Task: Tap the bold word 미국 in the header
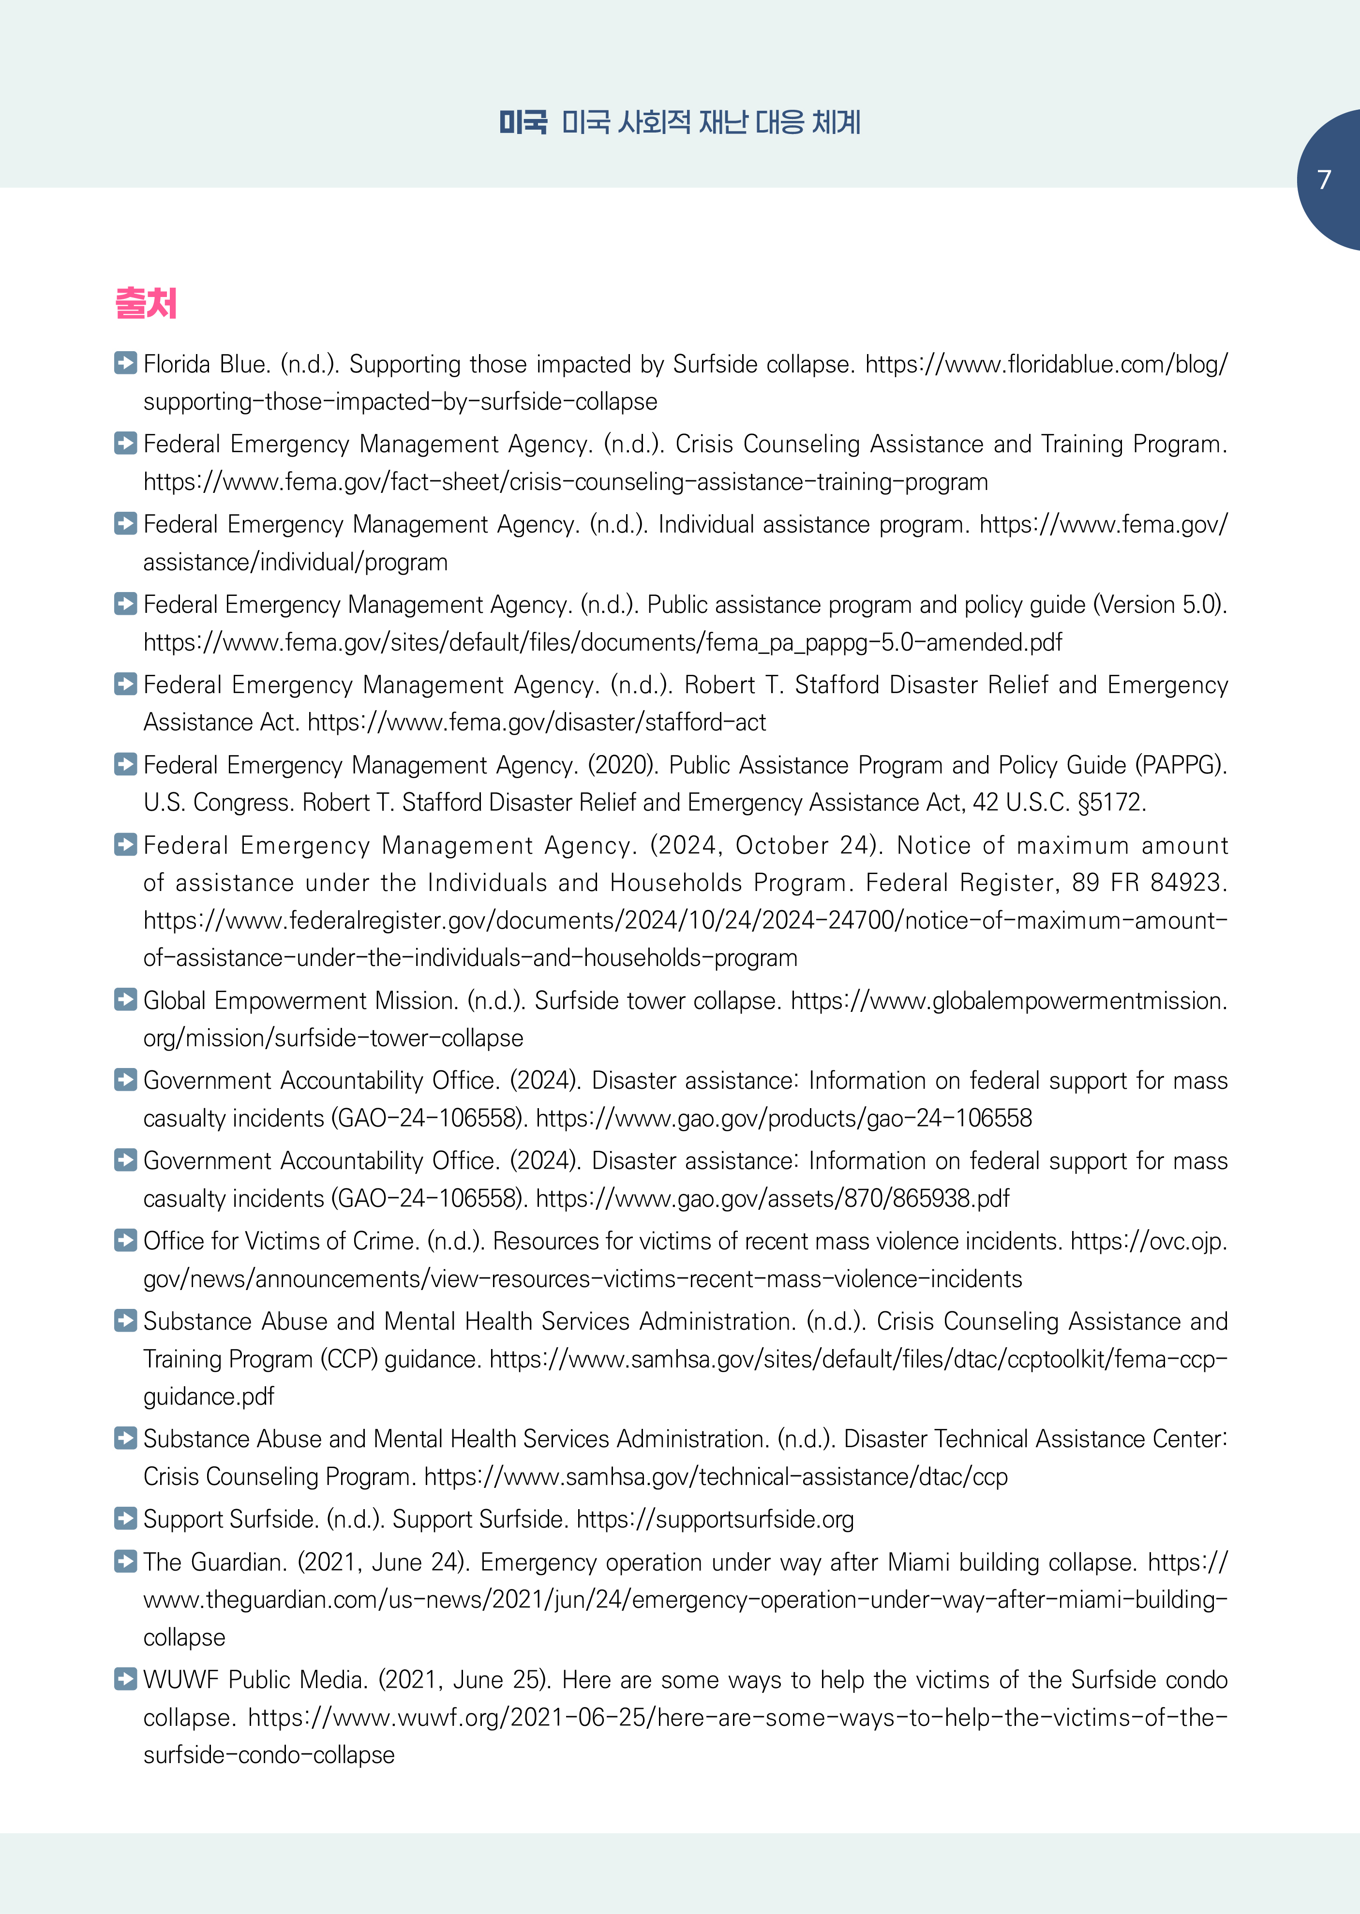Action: tap(523, 123)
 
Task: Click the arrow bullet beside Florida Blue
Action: tap(126, 363)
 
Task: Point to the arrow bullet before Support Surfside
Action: tap(126, 1518)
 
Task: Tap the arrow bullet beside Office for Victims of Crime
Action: tap(126, 1240)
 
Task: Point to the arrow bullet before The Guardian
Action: tap(126, 1561)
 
